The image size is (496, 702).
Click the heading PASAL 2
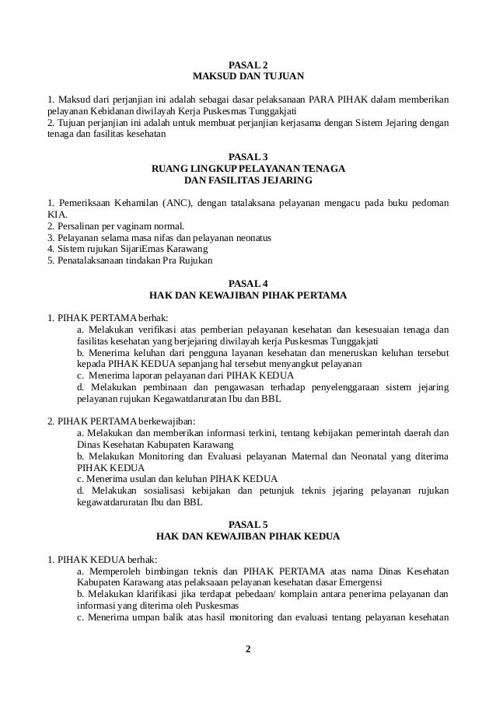pyautogui.click(x=248, y=64)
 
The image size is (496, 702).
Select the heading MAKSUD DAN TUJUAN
pyautogui.click(x=248, y=76)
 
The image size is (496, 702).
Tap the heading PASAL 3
pyautogui.click(x=248, y=156)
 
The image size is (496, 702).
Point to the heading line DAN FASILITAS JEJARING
pyautogui.click(x=248, y=180)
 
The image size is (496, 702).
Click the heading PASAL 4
pyautogui.click(x=248, y=284)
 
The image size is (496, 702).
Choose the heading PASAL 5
pyautogui.click(x=248, y=525)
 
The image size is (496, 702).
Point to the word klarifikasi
pyautogui.click(x=157, y=595)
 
